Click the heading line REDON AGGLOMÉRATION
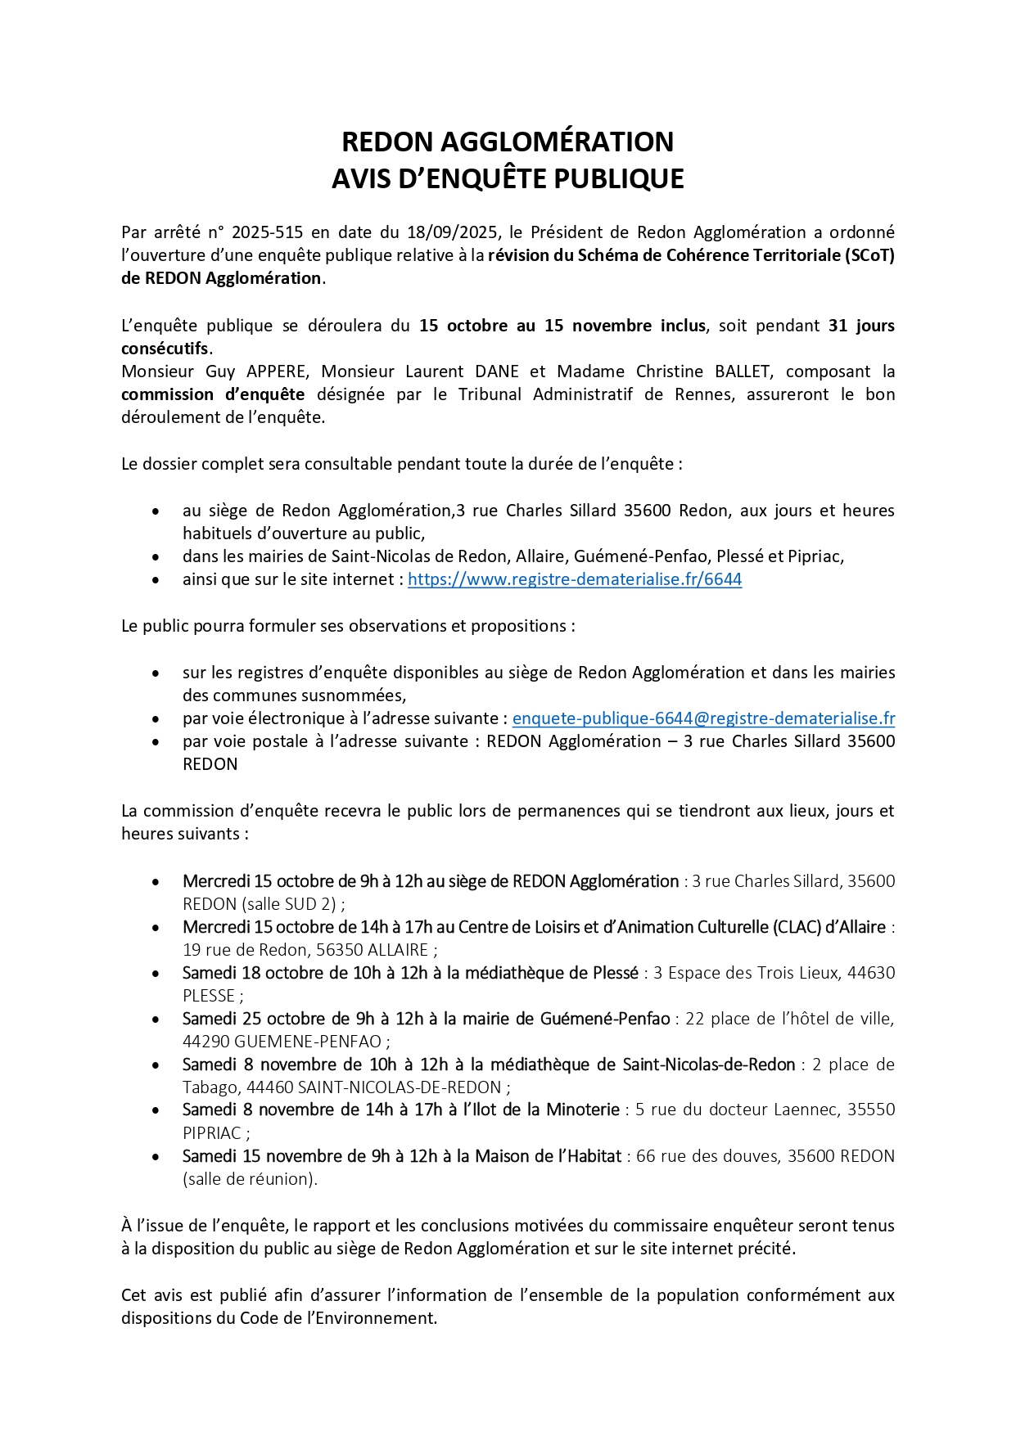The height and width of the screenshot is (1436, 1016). [x=508, y=142]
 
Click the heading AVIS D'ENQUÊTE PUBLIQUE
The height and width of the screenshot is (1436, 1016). [x=508, y=178]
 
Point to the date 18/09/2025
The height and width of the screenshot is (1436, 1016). [x=452, y=232]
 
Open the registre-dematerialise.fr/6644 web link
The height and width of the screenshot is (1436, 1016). [x=575, y=579]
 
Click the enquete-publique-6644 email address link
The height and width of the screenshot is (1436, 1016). [x=703, y=718]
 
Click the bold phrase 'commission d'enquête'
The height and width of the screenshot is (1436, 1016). [x=213, y=394]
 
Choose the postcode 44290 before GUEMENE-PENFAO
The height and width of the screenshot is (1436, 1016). [x=206, y=1042]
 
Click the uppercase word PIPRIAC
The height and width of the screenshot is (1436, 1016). [x=211, y=1133]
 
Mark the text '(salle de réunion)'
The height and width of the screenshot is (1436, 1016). [x=249, y=1179]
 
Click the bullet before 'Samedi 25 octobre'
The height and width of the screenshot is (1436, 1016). [x=156, y=1020]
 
